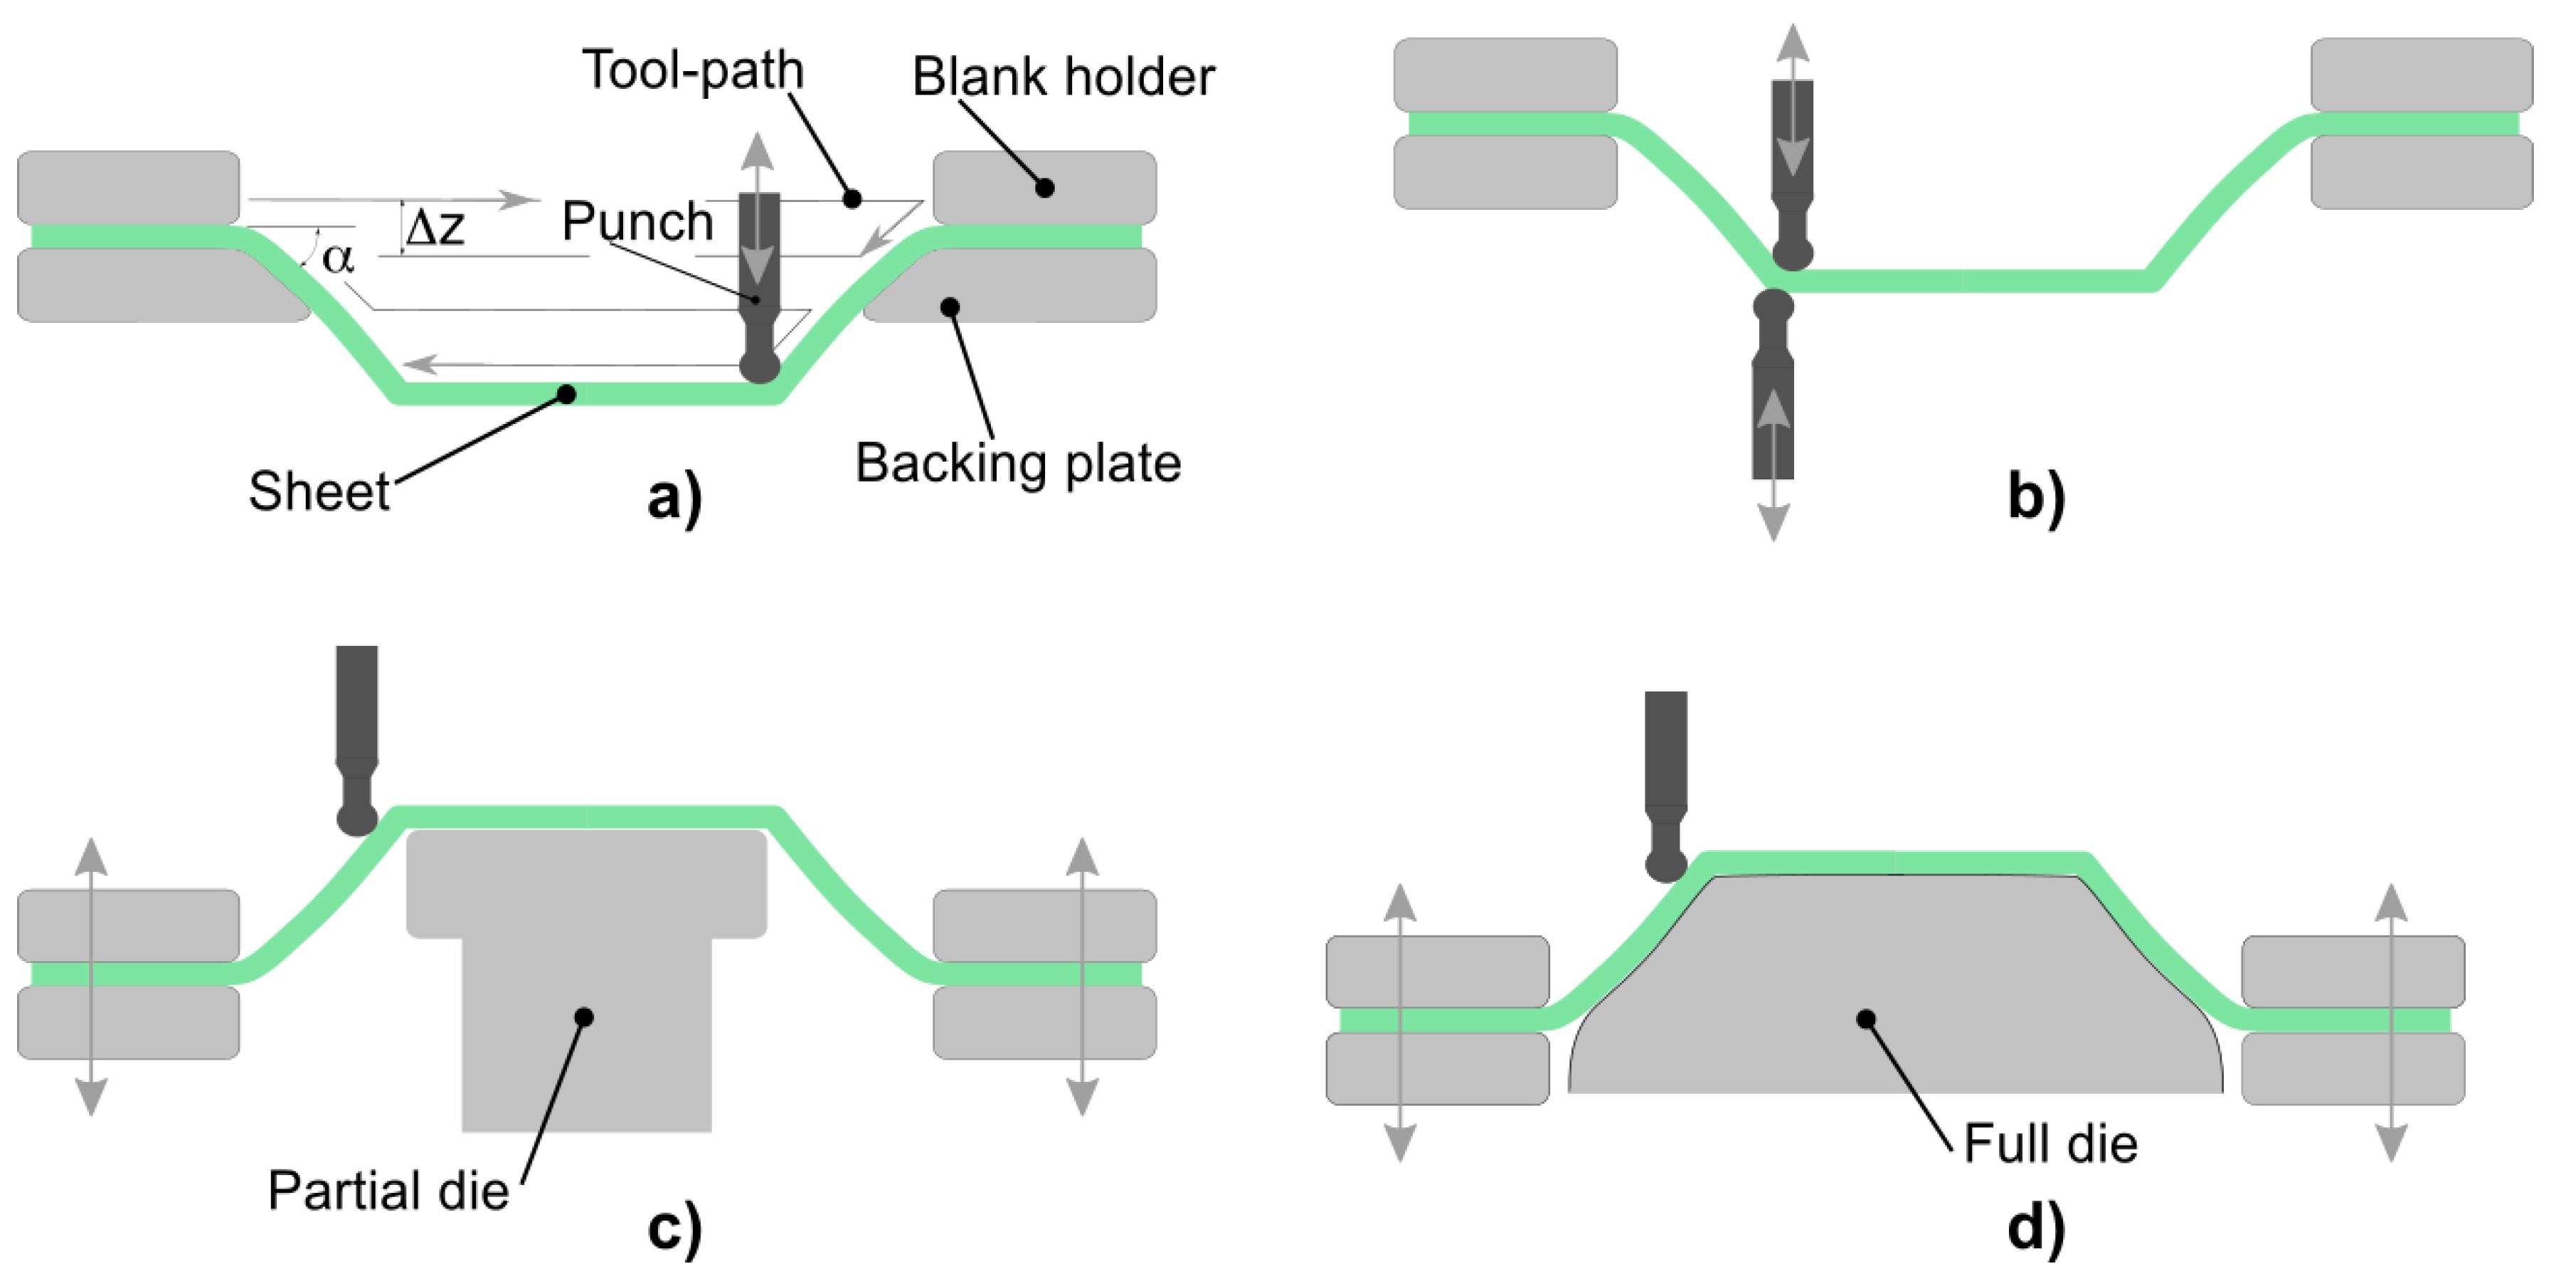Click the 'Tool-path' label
[x=693, y=71]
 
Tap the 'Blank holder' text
[x=1063, y=78]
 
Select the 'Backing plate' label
[x=1018, y=463]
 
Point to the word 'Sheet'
[x=319, y=491]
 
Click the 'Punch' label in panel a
[x=637, y=220]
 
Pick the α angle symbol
[x=337, y=258]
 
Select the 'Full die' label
[x=2050, y=1143]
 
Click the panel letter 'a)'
[x=674, y=496]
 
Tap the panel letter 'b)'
[x=2036, y=496]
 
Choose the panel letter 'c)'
[x=674, y=1228]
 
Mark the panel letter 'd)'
[x=2036, y=1228]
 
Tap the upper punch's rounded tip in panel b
[x=1792, y=254]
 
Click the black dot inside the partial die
[x=585, y=1017]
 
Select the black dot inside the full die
[x=1865, y=1019]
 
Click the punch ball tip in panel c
[x=357, y=819]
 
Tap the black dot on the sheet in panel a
[x=566, y=395]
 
